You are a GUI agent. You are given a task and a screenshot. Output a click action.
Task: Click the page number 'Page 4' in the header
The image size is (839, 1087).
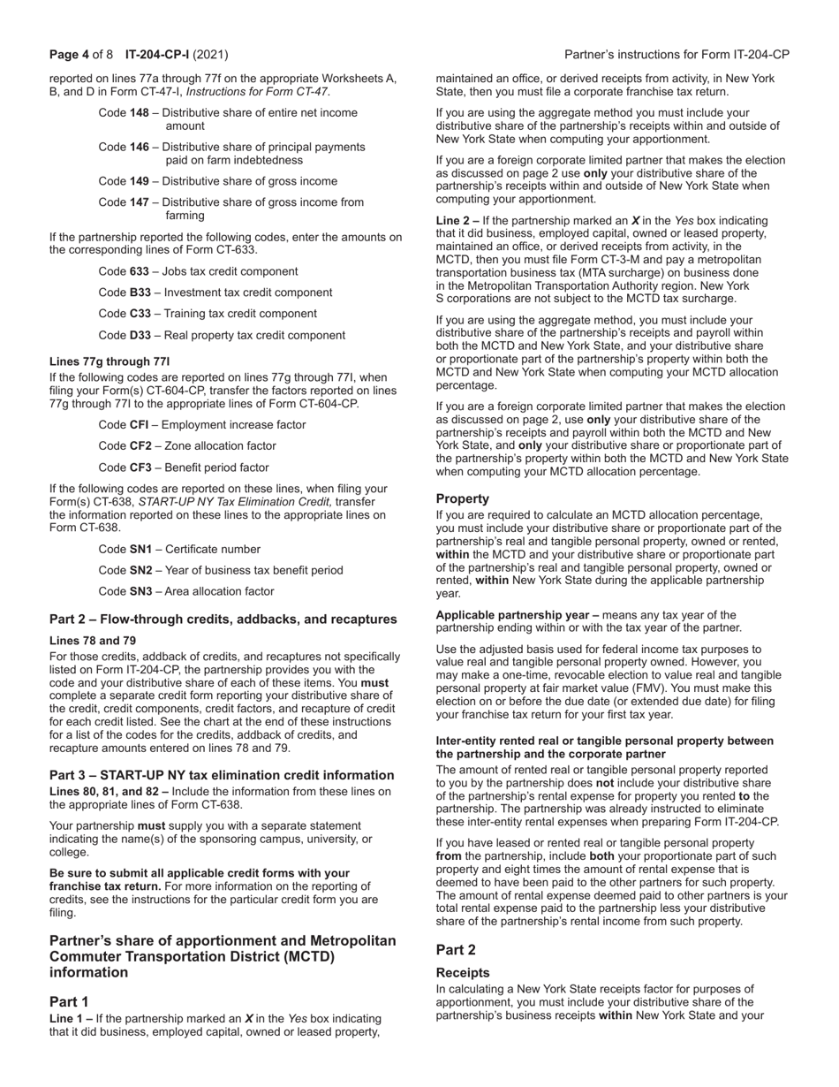(x=69, y=55)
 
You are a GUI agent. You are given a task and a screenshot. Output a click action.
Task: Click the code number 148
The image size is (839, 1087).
(x=140, y=113)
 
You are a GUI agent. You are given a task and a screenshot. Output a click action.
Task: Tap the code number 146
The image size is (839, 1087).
(x=140, y=147)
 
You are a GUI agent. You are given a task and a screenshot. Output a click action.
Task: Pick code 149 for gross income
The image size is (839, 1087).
(x=140, y=181)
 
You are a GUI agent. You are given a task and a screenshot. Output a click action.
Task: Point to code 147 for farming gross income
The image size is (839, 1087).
(x=140, y=202)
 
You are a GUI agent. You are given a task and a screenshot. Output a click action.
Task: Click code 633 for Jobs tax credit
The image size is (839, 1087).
(x=140, y=271)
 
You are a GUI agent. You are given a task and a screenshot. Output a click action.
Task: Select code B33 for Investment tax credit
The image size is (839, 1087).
(x=140, y=293)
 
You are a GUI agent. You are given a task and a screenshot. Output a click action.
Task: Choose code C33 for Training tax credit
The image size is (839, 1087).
(x=140, y=314)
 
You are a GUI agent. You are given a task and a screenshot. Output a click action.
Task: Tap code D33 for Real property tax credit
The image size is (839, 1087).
(x=140, y=335)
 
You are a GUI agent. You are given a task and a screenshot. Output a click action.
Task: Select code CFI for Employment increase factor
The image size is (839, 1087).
(x=140, y=425)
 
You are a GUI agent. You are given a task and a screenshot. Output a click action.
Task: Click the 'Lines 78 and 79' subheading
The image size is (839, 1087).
(x=93, y=640)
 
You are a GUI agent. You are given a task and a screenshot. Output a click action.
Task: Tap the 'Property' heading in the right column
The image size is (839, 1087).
(x=462, y=498)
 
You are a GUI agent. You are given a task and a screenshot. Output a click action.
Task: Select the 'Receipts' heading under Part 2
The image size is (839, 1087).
(x=463, y=973)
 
